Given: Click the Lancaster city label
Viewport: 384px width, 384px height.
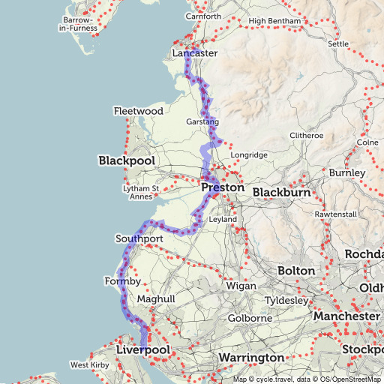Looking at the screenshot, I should (x=194, y=54).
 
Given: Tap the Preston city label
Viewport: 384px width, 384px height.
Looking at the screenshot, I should (x=223, y=187).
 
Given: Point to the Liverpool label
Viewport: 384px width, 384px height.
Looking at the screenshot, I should (x=145, y=350).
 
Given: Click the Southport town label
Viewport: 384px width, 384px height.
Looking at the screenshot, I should (x=139, y=238).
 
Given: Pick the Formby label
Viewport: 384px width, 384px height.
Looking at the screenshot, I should (x=123, y=281).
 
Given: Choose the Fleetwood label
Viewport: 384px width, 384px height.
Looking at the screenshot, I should (x=138, y=111).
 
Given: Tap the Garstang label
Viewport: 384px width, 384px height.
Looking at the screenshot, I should (x=202, y=121).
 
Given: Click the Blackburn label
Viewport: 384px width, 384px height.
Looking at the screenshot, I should (x=280, y=193).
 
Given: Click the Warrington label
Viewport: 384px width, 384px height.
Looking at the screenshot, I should (x=251, y=358).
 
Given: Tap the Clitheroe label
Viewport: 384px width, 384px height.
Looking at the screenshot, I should (x=307, y=136).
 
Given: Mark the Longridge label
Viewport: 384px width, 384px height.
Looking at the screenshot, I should (x=248, y=155).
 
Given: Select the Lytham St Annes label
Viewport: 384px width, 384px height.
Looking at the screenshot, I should (x=141, y=193).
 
